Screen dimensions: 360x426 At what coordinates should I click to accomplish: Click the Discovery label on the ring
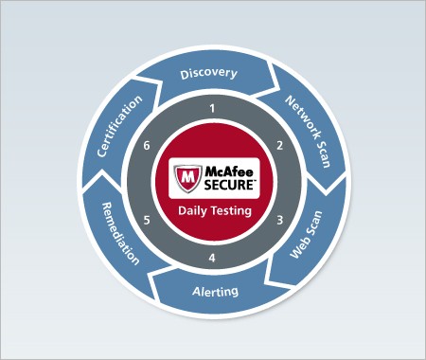[x=208, y=73]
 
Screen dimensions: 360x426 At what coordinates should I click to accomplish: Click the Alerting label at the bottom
[x=216, y=291]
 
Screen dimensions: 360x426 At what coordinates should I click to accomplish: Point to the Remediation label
[x=117, y=235]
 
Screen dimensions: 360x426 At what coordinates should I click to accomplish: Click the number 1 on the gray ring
[x=212, y=110]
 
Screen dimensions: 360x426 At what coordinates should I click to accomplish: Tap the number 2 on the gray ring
[x=278, y=146]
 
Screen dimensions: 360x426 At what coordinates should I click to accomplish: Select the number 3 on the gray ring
[x=279, y=220]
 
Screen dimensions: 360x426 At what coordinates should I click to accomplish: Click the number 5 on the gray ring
[x=146, y=220]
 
